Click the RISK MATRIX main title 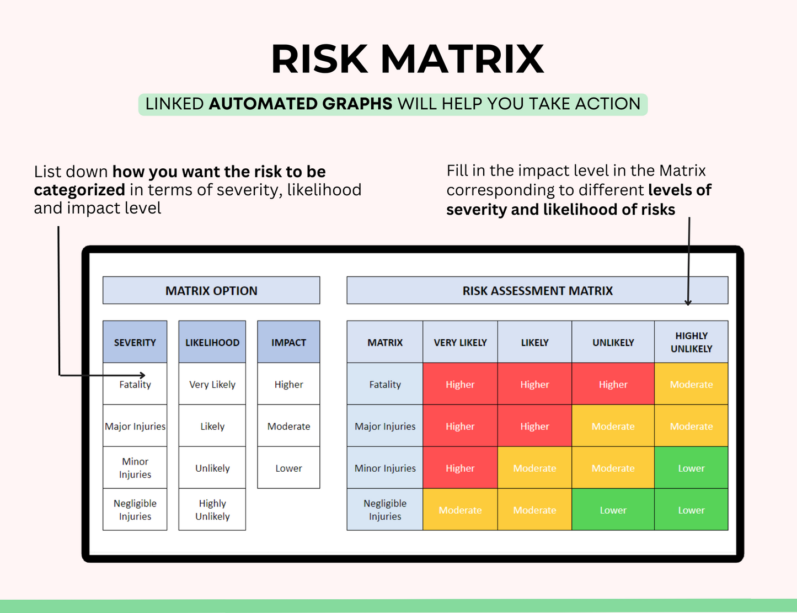coord(407,59)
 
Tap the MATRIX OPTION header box coord(211,291)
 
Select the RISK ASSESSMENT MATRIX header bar coord(537,291)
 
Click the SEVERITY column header coord(135,342)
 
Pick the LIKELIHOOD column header coord(212,342)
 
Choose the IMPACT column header coord(288,342)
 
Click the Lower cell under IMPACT coord(288,468)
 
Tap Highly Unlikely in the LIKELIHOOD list coord(212,510)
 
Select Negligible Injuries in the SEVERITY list coord(135,510)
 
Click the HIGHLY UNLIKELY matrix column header coord(691,342)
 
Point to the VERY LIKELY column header coord(460,342)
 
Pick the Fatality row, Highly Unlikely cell coord(691,384)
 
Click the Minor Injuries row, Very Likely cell coord(460,468)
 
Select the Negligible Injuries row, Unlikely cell coord(613,510)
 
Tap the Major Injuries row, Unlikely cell coord(613,426)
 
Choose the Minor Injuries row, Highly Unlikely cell coord(691,468)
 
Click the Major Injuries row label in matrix coord(385,426)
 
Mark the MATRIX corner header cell coord(385,342)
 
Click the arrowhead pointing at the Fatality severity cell coord(142,375)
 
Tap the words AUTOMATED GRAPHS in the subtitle coord(301,104)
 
